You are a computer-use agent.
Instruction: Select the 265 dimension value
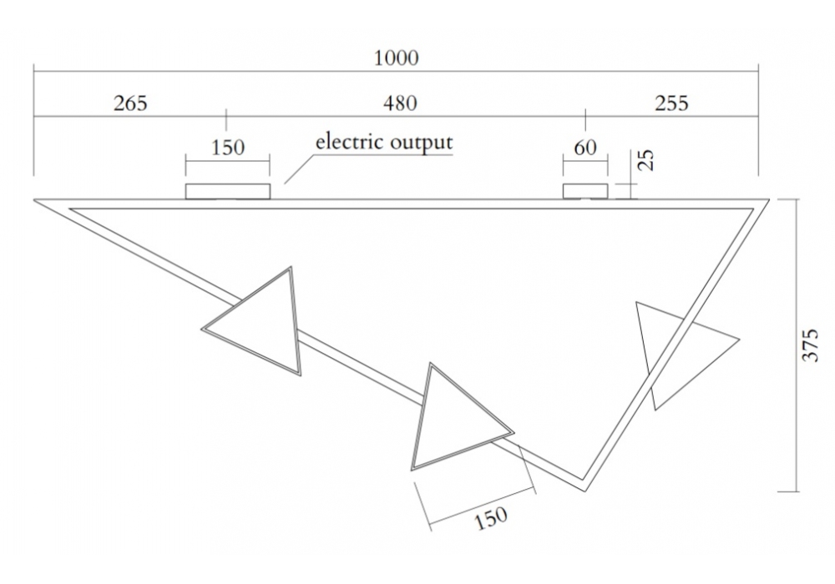pos(129,103)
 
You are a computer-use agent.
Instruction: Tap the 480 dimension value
pos(400,103)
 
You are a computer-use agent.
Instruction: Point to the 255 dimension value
pos(672,103)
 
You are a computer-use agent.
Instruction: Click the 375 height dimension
pos(811,344)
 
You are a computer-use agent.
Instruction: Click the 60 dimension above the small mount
pos(586,148)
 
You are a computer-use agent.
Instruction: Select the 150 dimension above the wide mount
pos(228,148)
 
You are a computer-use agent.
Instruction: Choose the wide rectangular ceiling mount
pos(228,192)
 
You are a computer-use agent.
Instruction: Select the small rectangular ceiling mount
pos(585,192)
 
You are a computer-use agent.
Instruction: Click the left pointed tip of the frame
pos(37,200)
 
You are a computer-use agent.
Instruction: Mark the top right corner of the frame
pos(767,201)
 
